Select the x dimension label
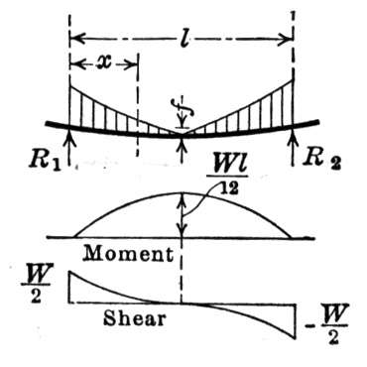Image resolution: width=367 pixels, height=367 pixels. (x=103, y=62)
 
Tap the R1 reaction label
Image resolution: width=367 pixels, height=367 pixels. (x=46, y=161)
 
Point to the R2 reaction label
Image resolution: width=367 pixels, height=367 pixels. (x=322, y=160)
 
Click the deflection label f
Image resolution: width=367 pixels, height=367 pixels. (x=183, y=110)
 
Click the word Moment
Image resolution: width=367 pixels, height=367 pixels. (x=128, y=254)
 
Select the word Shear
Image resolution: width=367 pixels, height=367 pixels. (x=135, y=318)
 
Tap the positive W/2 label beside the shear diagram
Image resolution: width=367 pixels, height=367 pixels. (x=36, y=287)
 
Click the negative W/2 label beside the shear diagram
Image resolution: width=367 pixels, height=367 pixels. (x=326, y=324)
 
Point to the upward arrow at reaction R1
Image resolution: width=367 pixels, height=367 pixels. (x=69, y=146)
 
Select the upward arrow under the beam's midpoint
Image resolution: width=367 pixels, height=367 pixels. (x=182, y=150)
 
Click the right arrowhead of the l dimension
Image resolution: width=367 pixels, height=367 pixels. (x=287, y=39)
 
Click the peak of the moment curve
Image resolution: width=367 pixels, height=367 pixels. (x=182, y=192)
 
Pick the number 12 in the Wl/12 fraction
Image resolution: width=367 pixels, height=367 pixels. (x=229, y=189)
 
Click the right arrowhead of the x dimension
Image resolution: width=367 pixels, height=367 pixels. (x=130, y=64)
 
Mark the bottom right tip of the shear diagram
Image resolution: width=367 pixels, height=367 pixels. (x=295, y=338)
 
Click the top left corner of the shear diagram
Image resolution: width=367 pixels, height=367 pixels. (x=69, y=271)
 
